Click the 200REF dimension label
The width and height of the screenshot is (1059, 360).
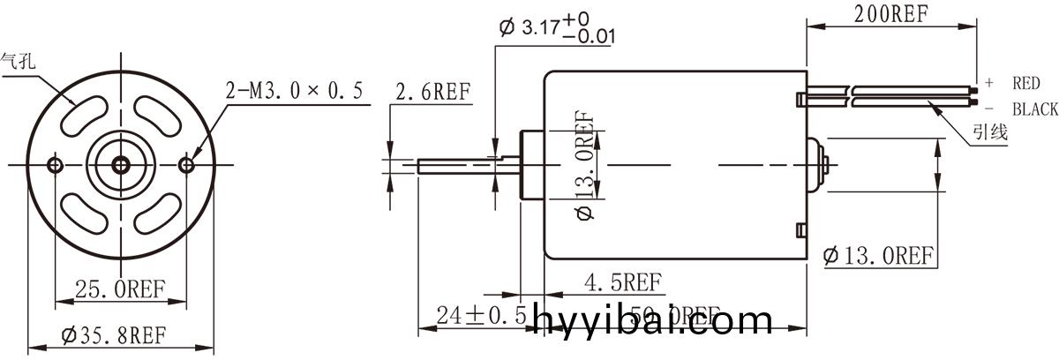pyautogui.click(x=891, y=13)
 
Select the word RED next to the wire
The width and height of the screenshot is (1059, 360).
pyautogui.click(x=1025, y=83)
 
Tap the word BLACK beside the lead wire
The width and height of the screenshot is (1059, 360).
pyautogui.click(x=1034, y=109)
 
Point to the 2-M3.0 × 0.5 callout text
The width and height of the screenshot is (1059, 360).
pyautogui.click(x=295, y=91)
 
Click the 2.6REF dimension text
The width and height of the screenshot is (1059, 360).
pyautogui.click(x=432, y=92)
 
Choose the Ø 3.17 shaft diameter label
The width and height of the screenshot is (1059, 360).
pyautogui.click(x=557, y=27)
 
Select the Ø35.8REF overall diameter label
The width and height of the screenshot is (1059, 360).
pyautogui.click(x=115, y=335)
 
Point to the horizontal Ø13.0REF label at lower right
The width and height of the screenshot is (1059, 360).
pyautogui.click(x=877, y=256)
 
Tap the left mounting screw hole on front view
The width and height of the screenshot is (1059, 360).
pyautogui.click(x=56, y=165)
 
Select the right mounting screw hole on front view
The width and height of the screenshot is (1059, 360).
pyautogui.click(x=186, y=165)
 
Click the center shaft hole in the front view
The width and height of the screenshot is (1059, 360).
pyautogui.click(x=121, y=165)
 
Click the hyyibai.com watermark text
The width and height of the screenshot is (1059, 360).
pyautogui.click(x=653, y=319)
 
